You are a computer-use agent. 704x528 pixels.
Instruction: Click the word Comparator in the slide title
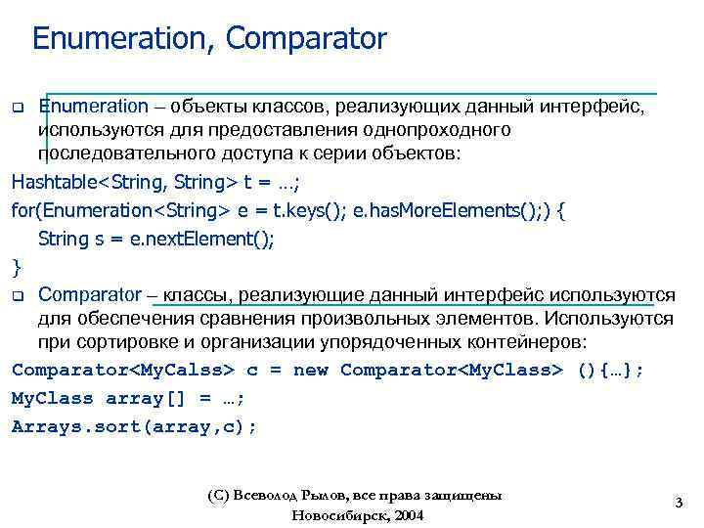pyautogui.click(x=306, y=39)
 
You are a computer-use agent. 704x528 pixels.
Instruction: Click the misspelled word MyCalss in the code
pyautogui.click(x=183, y=371)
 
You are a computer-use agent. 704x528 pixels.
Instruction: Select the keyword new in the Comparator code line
pyautogui.click(x=311, y=371)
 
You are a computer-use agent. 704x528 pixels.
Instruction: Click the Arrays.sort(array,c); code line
pyautogui.click(x=134, y=426)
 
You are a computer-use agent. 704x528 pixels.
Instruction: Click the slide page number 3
pyautogui.click(x=678, y=503)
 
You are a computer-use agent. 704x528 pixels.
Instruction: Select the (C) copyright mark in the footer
pyautogui.click(x=218, y=496)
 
